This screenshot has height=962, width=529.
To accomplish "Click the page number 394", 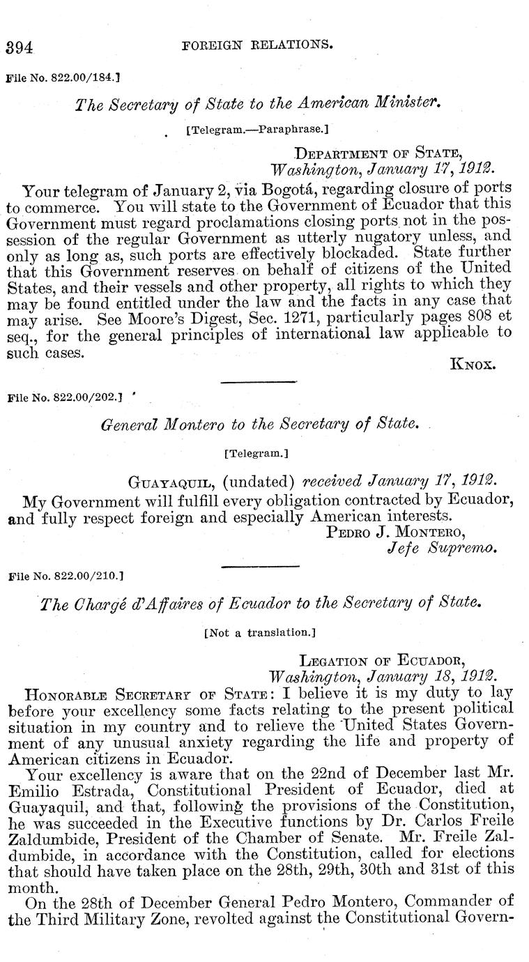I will [x=20, y=47].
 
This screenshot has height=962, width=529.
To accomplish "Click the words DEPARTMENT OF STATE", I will [x=378, y=153].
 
